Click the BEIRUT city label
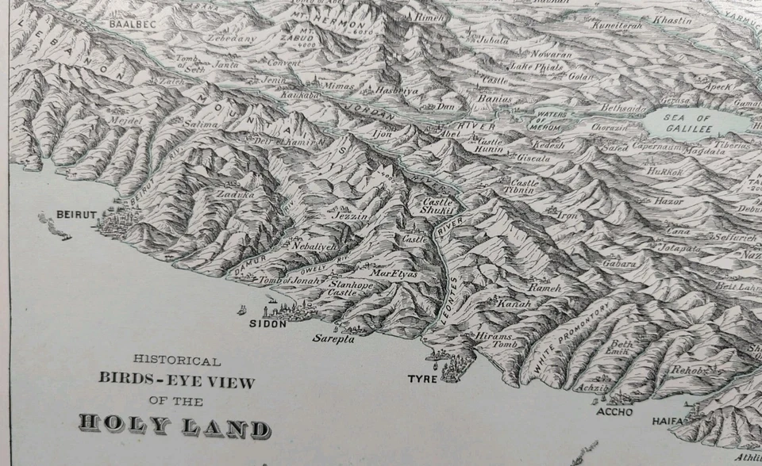(75, 215)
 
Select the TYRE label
(422, 379)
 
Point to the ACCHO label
(615, 411)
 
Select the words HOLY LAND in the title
(174, 426)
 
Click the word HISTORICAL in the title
(177, 360)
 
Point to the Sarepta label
(333, 338)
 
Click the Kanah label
(514, 304)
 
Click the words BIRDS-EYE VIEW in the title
(177, 380)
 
